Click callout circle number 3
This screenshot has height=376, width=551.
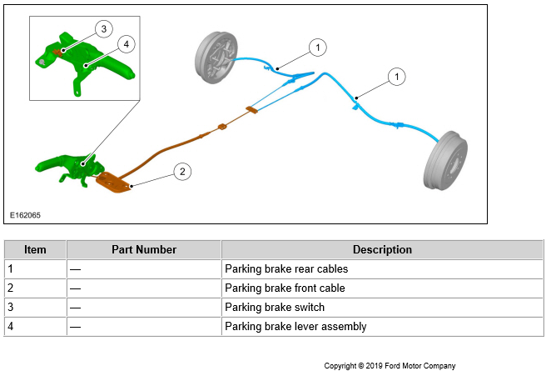click(x=102, y=29)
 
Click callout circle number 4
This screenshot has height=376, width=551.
click(x=125, y=43)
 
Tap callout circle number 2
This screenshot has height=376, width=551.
click(x=183, y=172)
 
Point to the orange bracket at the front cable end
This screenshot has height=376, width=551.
click(x=114, y=182)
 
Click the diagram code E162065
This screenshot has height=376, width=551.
click(x=25, y=215)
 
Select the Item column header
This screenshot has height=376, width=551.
click(x=35, y=249)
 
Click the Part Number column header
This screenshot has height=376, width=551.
click(x=144, y=249)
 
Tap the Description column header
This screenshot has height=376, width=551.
click(x=382, y=249)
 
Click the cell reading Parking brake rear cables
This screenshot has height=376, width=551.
click(x=286, y=269)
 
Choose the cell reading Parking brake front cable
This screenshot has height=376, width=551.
click(x=285, y=288)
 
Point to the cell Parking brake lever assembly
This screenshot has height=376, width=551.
click(x=295, y=327)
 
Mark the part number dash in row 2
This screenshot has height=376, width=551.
click(x=75, y=288)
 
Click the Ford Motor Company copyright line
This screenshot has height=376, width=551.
click(x=390, y=366)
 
